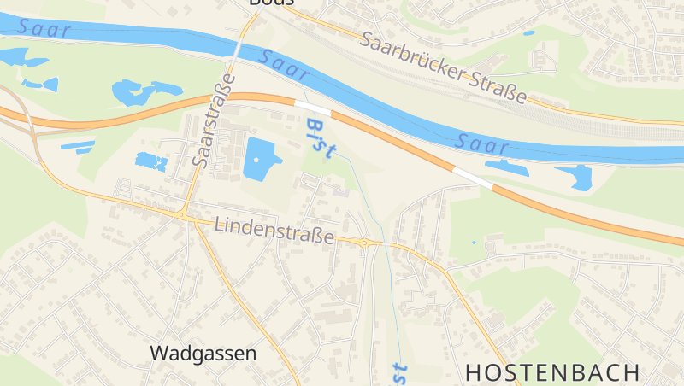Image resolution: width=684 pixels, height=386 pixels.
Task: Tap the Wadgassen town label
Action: (203, 353)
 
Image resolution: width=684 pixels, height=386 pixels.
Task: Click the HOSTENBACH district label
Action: (553, 372)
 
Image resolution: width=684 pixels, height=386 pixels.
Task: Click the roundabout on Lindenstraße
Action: (365, 243)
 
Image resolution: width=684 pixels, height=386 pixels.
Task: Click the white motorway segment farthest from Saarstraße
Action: (472, 178)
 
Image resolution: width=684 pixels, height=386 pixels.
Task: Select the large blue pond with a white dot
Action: (260, 159)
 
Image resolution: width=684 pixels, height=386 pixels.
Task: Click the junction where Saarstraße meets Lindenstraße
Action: (184, 213)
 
